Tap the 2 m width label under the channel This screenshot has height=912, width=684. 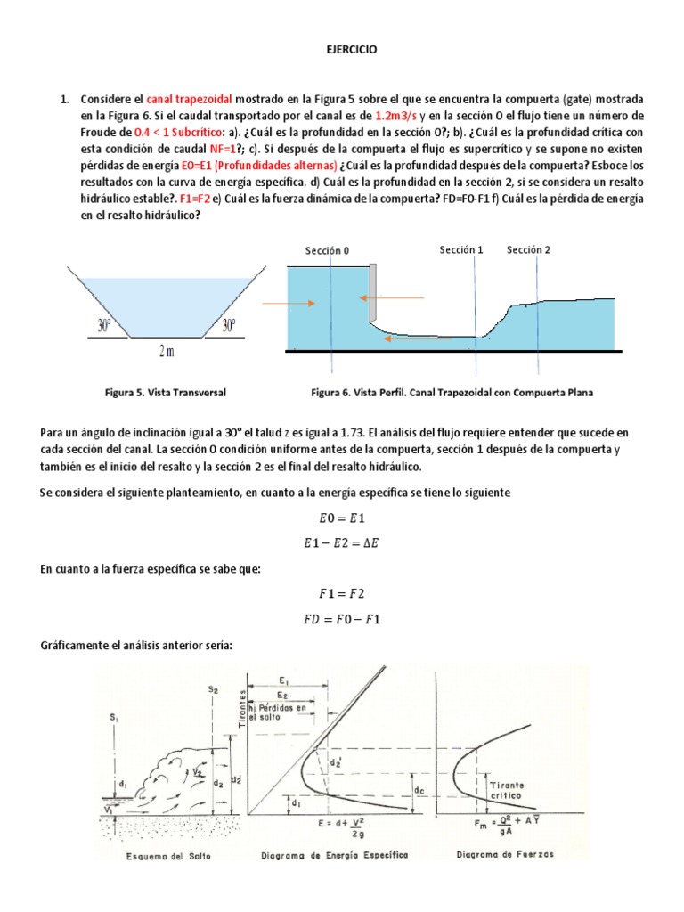pos(167,353)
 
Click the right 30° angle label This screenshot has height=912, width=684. pos(230,326)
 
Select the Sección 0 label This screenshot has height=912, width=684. pos(327,251)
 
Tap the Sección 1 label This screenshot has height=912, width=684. pos(461,250)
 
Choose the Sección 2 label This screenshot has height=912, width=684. pos(529,250)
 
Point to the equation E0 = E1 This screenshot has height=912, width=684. pos(342,517)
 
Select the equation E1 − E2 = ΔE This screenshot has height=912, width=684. pos(342,541)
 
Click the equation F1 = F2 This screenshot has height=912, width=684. pos(342,592)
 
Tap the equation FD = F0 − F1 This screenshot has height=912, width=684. pos(342,618)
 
